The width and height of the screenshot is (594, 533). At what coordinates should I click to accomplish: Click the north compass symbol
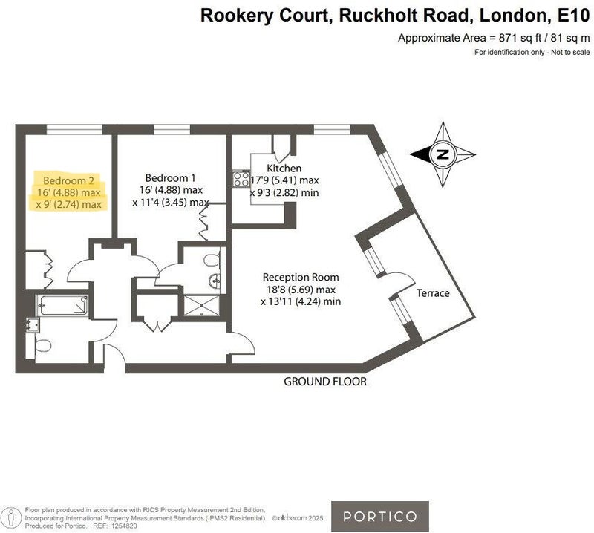[x=443, y=155]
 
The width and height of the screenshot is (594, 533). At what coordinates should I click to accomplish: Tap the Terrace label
[x=433, y=293]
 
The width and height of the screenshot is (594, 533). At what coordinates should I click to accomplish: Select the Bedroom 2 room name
[x=68, y=180]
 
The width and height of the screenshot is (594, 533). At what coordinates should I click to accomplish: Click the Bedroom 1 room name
[x=170, y=178]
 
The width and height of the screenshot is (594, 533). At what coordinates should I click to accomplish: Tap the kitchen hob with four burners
[x=242, y=179]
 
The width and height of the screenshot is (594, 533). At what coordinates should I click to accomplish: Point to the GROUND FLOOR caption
[x=325, y=382]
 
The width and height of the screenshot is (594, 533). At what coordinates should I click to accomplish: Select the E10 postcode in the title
[x=572, y=14]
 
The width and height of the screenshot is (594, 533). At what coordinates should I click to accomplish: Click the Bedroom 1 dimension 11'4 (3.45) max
[x=171, y=202]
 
